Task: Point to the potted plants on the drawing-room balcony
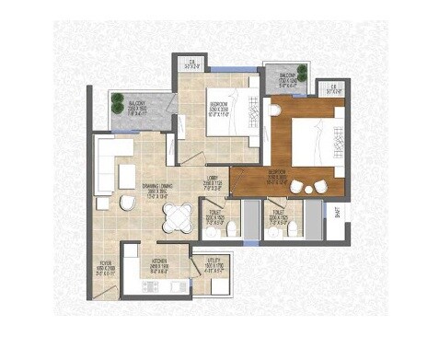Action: [116, 103]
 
